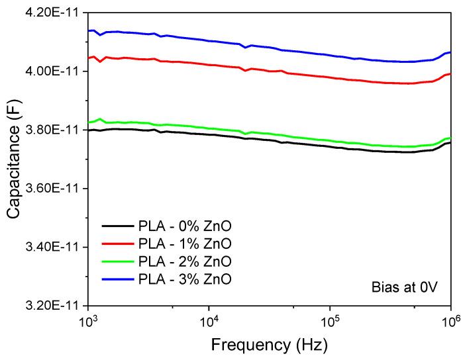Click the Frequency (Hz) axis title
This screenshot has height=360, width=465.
coord(269,345)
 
